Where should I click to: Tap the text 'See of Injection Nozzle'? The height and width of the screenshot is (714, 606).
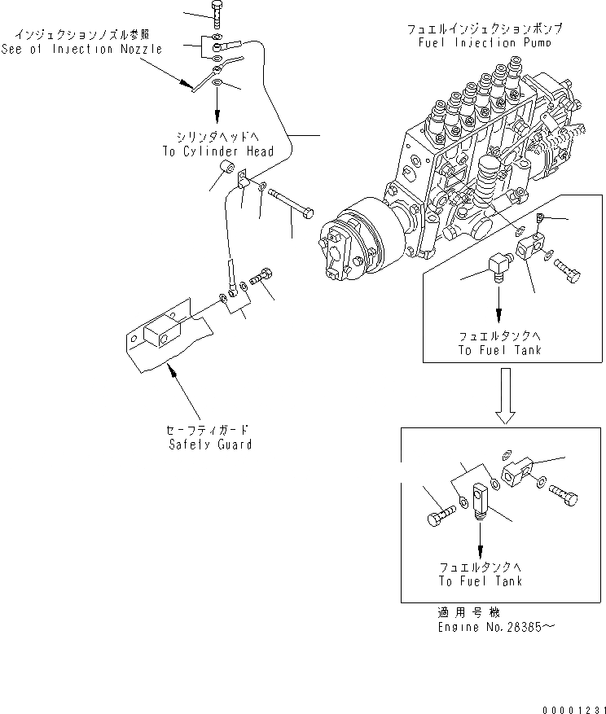87,49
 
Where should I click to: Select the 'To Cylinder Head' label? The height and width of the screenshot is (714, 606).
217,151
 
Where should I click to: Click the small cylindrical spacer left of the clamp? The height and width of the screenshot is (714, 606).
226,172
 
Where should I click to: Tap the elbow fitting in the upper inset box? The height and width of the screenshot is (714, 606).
498,267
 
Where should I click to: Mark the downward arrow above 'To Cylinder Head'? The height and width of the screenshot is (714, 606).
217,102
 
